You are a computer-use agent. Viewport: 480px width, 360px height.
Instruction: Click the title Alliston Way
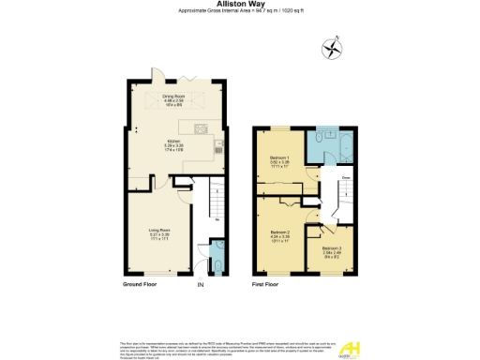(239, 4)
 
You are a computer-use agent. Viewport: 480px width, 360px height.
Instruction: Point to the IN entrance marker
(200, 282)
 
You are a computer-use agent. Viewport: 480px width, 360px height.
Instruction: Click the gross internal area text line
(239, 11)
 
